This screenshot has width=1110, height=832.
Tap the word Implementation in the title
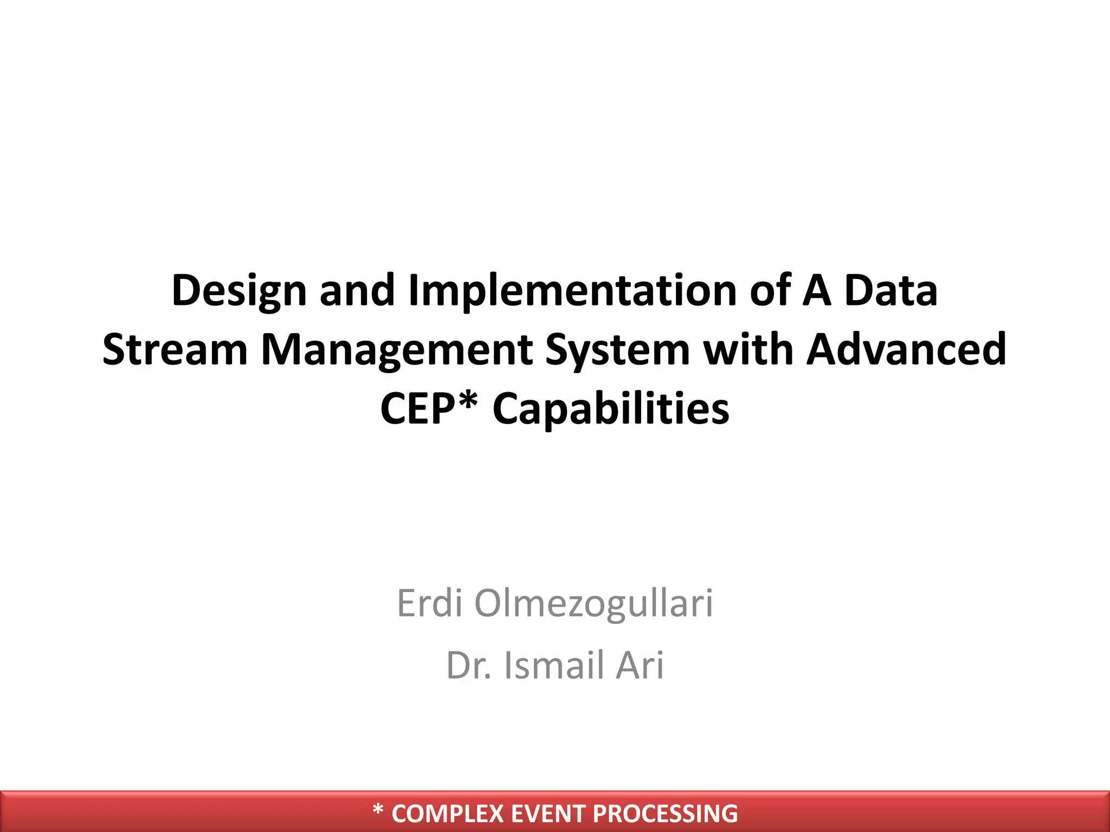[572, 291]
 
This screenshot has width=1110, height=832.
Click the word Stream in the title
[175, 350]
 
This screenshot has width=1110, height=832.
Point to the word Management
[397, 350]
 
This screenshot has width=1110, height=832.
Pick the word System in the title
[617, 350]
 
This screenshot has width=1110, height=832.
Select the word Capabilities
[611, 409]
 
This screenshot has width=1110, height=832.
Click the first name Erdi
[429, 603]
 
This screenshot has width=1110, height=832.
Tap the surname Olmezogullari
[593, 603]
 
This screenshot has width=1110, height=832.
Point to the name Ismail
[553, 665]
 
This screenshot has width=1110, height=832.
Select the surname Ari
[640, 665]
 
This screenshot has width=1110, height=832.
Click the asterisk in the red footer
[378, 810]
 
